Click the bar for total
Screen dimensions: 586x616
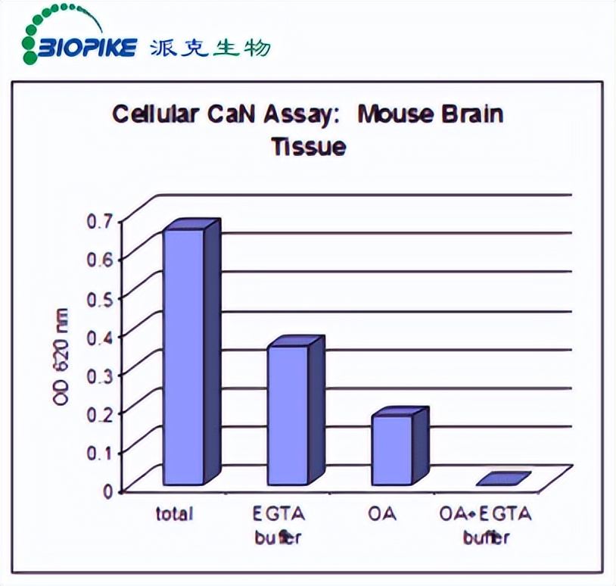(x=184, y=356)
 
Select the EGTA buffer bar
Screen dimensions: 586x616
(x=288, y=414)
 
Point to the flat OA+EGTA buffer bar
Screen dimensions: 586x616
(x=503, y=479)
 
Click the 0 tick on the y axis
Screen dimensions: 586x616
(x=107, y=491)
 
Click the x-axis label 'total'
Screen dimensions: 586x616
(x=175, y=514)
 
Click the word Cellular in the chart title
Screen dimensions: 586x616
(x=156, y=114)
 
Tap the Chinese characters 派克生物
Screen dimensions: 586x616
(x=210, y=48)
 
